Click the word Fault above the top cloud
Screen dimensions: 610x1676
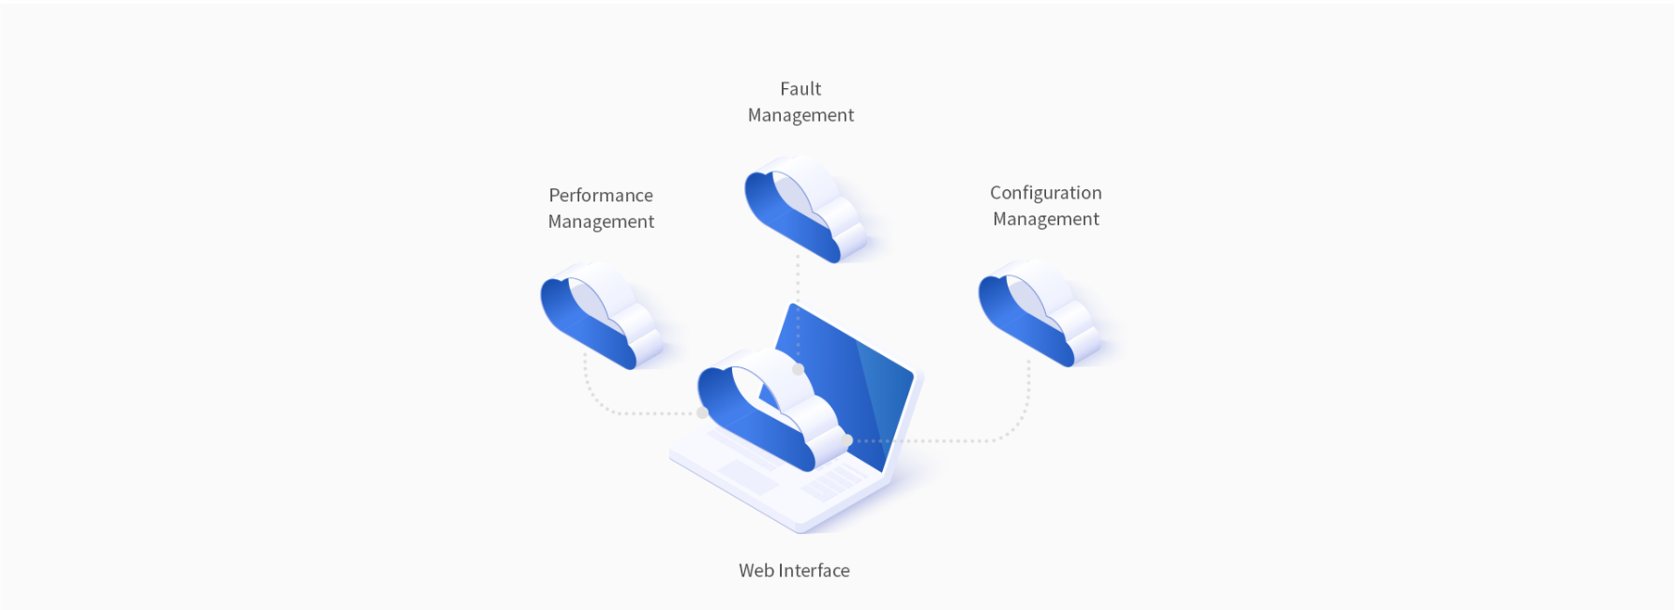click(x=800, y=89)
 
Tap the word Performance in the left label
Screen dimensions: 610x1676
click(x=600, y=196)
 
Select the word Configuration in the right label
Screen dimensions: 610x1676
click(x=1045, y=193)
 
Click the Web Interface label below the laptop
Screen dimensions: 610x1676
click(x=794, y=570)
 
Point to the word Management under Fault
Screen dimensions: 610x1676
click(x=800, y=115)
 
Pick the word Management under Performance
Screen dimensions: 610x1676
click(x=600, y=222)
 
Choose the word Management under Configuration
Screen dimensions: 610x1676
click(x=1045, y=219)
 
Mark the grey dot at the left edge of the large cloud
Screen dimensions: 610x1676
click(x=702, y=413)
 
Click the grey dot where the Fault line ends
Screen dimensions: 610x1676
click(x=798, y=369)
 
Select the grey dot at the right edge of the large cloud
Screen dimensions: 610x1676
click(x=847, y=440)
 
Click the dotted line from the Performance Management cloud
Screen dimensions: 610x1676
click(x=611, y=412)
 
